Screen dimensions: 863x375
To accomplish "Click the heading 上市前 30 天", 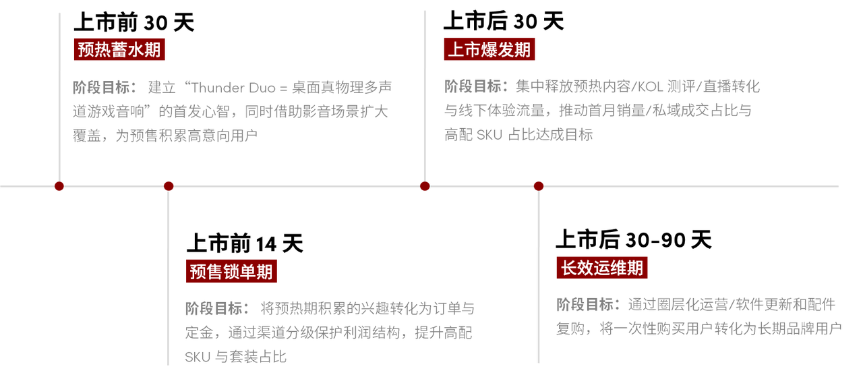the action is point(134,22).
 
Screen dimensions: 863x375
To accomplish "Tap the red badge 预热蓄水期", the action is point(119,49).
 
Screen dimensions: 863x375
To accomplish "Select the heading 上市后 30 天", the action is point(504,21).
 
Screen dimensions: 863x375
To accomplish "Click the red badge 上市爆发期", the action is point(489,49).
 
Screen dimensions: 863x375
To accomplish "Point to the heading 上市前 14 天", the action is point(245,243).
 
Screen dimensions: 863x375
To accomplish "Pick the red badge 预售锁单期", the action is point(231,271).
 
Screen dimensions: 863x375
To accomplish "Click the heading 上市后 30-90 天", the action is point(634,239).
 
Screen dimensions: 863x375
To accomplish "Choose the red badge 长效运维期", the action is point(602,268).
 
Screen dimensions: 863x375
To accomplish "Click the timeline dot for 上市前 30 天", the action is point(59,186).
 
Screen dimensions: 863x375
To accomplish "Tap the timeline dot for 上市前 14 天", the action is point(169,186).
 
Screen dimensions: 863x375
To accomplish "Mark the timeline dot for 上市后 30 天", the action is point(425,186).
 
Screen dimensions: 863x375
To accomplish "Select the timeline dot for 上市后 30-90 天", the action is point(539,186).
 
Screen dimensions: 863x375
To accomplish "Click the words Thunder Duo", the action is point(233,88).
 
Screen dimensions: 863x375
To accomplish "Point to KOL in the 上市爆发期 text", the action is point(651,87).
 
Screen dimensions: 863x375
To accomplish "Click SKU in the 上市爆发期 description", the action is point(489,135).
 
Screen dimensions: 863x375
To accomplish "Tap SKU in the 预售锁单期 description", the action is point(198,357).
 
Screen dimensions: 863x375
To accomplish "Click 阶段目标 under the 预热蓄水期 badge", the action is point(101,88).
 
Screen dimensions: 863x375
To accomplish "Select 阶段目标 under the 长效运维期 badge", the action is point(585,304).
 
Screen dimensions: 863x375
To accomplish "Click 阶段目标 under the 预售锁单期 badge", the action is point(214,308).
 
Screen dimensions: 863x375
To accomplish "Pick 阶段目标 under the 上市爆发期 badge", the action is point(473,86).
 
